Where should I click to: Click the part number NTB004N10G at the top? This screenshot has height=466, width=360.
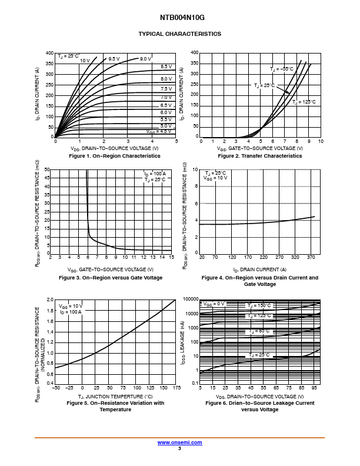tap(179, 18)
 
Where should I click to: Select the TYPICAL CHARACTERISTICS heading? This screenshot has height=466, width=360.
tap(179, 34)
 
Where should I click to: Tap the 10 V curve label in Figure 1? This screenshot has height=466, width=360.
tap(85, 61)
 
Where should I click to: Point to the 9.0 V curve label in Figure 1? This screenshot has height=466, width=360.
tap(145, 59)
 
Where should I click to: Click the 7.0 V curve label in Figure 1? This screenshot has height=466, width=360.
tap(166, 97)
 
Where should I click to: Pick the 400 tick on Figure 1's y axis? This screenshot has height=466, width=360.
tap(49, 54)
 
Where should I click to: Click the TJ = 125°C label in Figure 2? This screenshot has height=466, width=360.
tap(304, 102)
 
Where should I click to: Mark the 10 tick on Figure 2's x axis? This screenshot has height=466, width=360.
tap(321, 142)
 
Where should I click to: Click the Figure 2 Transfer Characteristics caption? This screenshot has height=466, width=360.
tap(259, 156)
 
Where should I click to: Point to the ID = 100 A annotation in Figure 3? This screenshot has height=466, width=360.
tap(155, 174)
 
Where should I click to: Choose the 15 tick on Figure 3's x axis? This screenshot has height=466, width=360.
tap(171, 257)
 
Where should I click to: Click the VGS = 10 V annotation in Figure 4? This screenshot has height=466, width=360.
tap(215, 178)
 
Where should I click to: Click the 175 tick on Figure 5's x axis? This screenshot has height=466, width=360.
tap(175, 388)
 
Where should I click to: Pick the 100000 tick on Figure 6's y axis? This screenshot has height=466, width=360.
tap(190, 299)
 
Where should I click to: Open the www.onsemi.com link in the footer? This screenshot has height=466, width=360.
tap(179, 442)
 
